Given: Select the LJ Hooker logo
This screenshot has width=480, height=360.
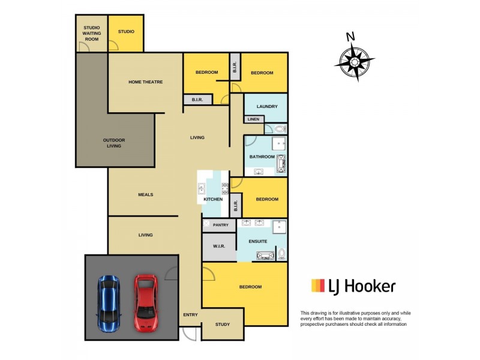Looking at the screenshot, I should coord(353,286).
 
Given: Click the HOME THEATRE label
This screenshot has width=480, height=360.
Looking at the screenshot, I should coord(145,82).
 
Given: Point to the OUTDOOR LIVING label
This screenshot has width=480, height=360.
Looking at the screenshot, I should coord(113,143).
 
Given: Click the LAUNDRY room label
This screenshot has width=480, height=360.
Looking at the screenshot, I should coord(267,106).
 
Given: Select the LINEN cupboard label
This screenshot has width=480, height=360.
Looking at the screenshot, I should coord(253,119).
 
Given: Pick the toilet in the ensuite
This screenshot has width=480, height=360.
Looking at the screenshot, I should coord(281,254).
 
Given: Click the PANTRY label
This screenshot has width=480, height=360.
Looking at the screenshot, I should coord(221,225).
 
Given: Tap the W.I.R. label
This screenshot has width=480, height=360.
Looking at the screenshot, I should coord(219,246).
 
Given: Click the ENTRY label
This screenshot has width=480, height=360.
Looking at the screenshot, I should coord(190,314).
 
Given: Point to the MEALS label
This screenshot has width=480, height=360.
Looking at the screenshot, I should coord(145,194).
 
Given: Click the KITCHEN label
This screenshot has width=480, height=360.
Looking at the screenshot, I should coord(213,199).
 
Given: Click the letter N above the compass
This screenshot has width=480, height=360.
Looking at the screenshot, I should coord(350,36).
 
